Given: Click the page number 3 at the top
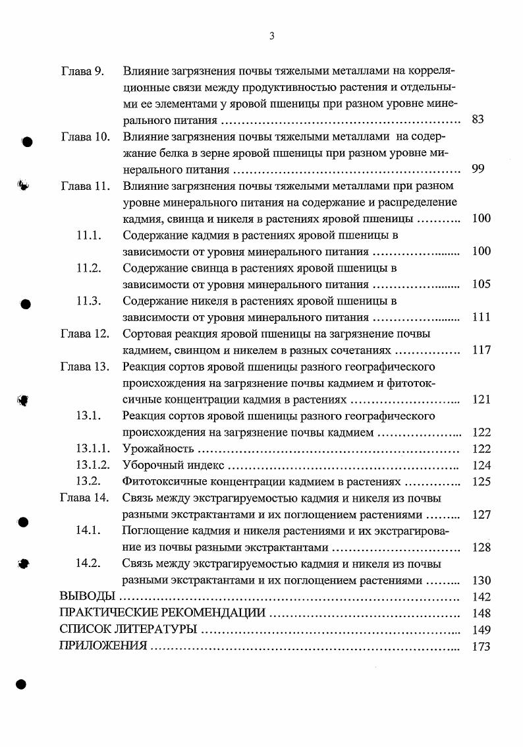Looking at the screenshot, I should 272,36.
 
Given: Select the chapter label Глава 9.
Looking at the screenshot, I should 82,71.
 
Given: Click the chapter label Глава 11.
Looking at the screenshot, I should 85,186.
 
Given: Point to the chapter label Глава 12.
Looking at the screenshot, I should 85,334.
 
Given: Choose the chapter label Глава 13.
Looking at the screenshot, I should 85,367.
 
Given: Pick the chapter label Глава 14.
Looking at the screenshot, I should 85,498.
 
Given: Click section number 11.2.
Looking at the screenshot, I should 88,268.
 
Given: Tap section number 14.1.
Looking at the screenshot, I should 88,531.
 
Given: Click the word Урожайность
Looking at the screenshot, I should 158,449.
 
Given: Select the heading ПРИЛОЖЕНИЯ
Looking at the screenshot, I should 103,646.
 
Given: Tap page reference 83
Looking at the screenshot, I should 478,120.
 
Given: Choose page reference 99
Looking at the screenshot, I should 478,169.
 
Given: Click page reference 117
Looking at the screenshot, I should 482,350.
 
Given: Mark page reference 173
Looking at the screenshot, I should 482,646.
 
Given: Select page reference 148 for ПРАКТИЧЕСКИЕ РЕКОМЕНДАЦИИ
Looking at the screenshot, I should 482,613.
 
